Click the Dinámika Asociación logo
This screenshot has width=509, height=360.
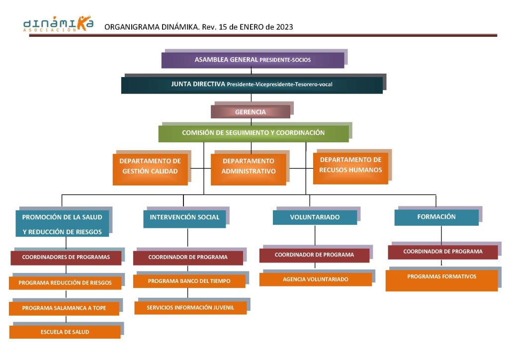(x=59, y=24)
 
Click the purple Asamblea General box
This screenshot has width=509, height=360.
(x=253, y=60)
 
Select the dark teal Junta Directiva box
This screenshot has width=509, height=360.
(x=252, y=85)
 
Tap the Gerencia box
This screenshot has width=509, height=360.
(x=251, y=112)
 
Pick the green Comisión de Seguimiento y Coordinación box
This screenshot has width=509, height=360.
(x=254, y=133)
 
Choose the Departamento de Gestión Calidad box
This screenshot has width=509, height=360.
(x=150, y=170)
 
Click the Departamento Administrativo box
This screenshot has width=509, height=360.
(x=249, y=170)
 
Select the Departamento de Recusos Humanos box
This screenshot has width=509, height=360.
(x=350, y=169)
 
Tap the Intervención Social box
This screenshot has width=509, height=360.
(x=184, y=219)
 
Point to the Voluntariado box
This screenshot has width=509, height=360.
(x=315, y=217)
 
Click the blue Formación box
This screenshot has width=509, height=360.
(x=436, y=217)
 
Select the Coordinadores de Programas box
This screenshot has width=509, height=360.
(x=66, y=258)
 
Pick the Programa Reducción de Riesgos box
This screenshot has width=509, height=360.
(x=65, y=283)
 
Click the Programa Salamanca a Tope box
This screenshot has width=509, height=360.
(x=64, y=308)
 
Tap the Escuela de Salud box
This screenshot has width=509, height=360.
(x=65, y=332)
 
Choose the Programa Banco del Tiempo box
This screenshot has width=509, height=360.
(x=189, y=281)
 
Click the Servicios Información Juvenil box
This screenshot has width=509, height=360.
(x=190, y=308)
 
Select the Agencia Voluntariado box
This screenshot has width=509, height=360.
(x=316, y=279)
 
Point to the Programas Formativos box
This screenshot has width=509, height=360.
(x=441, y=280)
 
